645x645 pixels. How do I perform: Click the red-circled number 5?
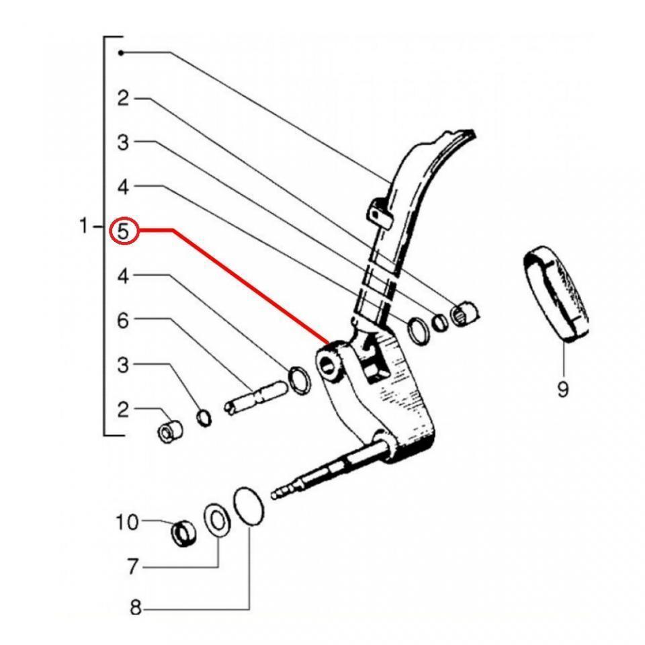[124, 232]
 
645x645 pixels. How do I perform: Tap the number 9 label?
[562, 388]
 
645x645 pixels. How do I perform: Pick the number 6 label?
[122, 321]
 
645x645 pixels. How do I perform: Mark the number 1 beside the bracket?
[83, 226]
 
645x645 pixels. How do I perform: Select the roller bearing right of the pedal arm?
[466, 312]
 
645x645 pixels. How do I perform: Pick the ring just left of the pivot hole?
[300, 380]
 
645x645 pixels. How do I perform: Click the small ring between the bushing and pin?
[204, 419]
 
